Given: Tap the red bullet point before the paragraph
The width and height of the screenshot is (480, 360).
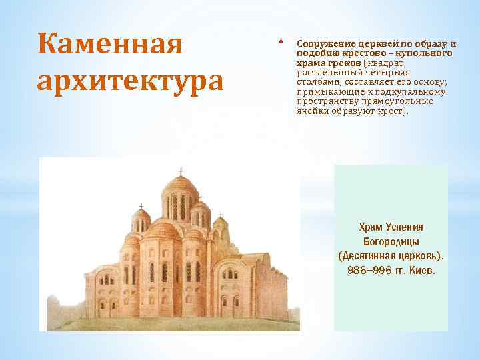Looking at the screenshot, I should (x=283, y=41).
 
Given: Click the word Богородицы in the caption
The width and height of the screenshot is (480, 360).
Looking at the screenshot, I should (x=391, y=241).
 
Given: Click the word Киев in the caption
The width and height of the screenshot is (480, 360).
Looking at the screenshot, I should (x=421, y=271).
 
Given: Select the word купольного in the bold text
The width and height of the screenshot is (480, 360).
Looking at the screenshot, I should (x=430, y=53).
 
